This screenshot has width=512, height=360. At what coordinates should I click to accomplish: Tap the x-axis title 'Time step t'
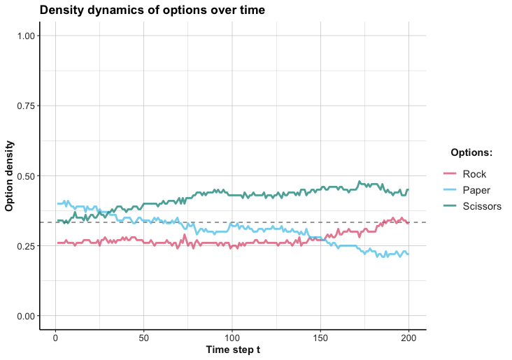pos(232,349)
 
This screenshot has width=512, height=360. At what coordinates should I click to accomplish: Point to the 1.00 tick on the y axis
pos(26,36)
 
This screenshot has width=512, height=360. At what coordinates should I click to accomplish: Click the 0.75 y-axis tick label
pos(26,106)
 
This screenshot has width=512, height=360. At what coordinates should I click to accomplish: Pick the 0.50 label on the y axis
pos(26,176)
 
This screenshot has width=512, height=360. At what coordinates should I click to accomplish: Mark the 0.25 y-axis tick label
pos(26,246)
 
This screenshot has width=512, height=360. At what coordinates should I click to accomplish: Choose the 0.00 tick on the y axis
pos(26,316)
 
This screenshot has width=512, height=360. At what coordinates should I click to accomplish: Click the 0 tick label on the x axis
pos(55,337)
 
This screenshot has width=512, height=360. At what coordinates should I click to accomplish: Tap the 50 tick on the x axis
pos(143,337)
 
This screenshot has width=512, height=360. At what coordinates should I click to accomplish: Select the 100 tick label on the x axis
pos(232,337)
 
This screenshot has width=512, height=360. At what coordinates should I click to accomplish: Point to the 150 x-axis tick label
pos(320,337)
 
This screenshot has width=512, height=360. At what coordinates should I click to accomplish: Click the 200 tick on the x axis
pos(408,337)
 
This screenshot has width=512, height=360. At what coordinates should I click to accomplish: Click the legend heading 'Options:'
pos(471,152)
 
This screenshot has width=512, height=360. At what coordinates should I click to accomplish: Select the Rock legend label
pos(475,173)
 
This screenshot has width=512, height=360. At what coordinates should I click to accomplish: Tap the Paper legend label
pos(477,189)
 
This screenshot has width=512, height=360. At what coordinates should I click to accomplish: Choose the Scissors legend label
pos(482,206)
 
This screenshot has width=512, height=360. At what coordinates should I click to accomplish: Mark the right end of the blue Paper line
pos(408,254)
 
